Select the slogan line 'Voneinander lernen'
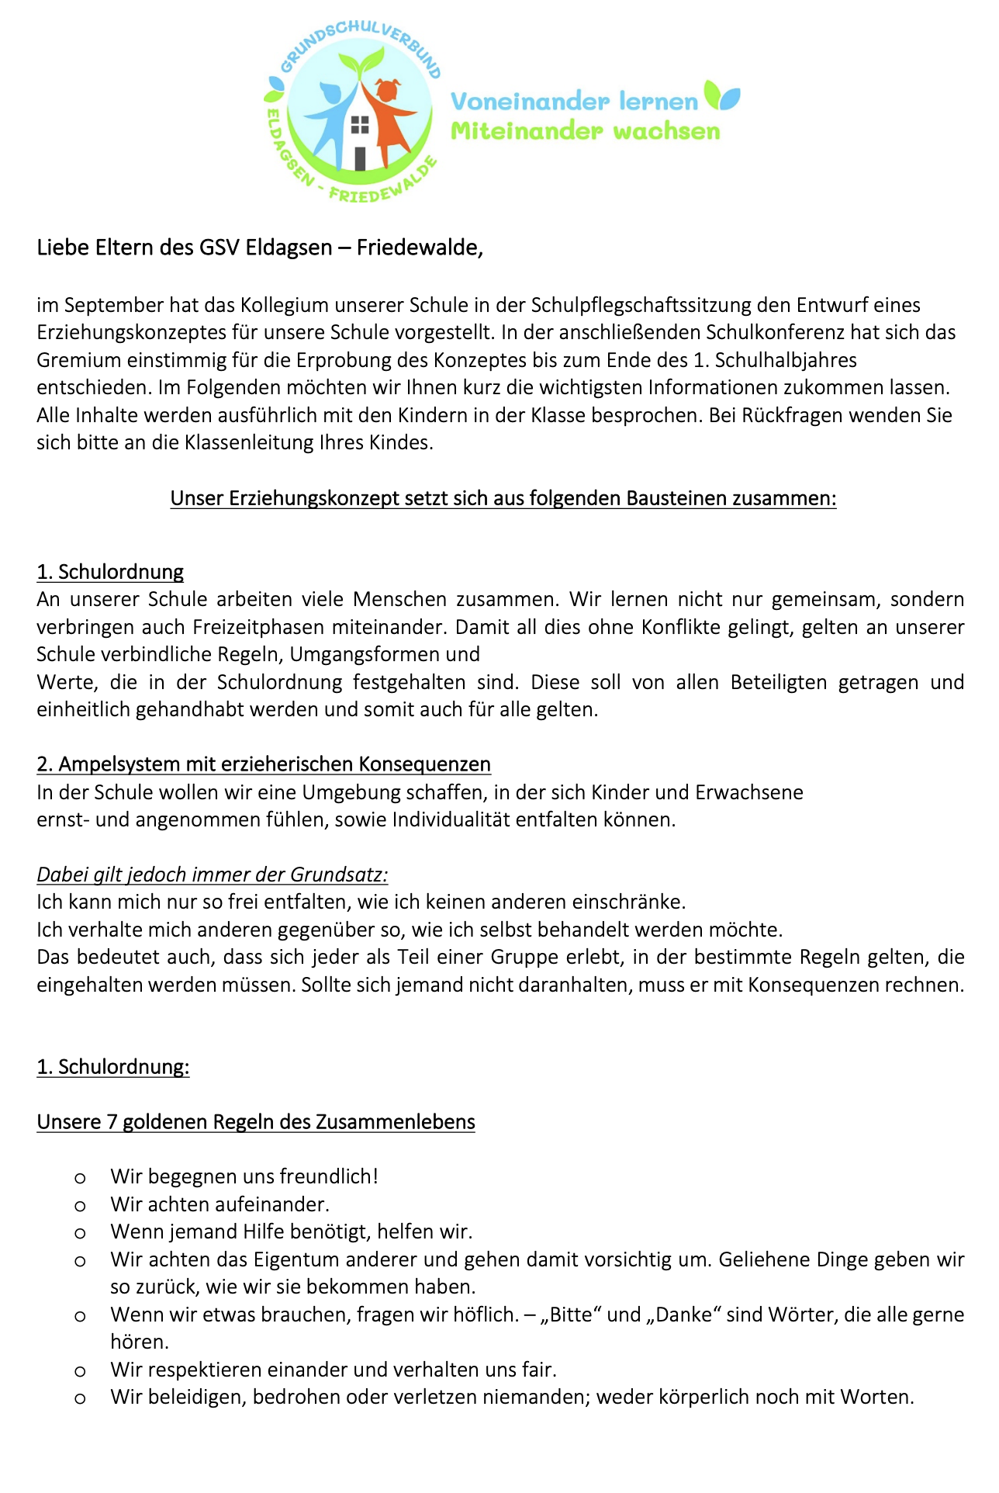click(574, 101)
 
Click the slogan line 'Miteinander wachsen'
click(586, 130)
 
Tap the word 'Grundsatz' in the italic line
click(338, 875)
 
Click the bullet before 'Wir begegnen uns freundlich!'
click(80, 1178)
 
